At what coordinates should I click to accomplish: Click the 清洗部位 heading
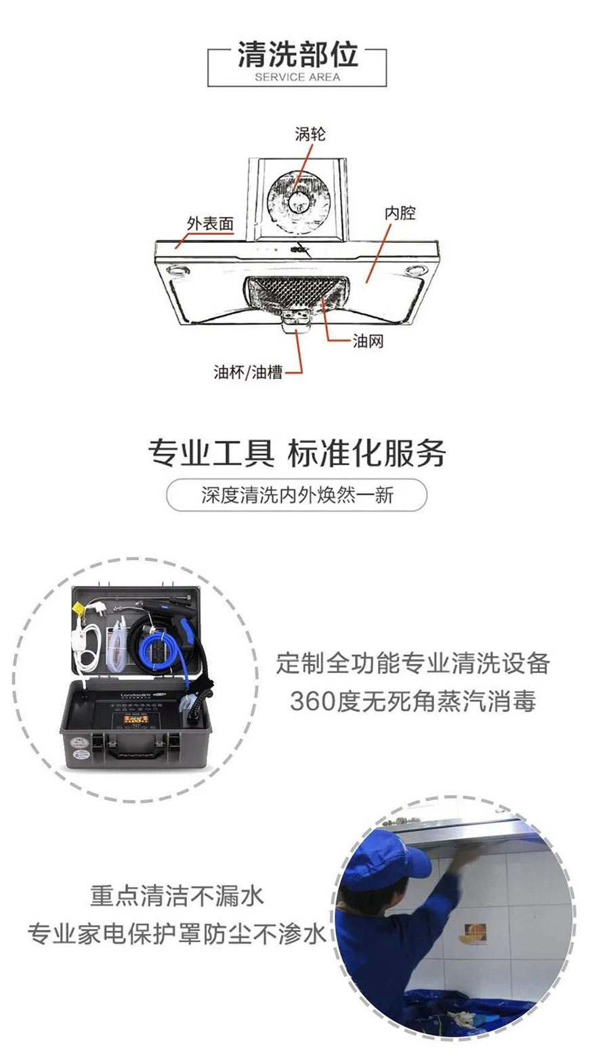click(x=297, y=55)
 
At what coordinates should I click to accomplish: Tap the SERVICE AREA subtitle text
click(x=297, y=77)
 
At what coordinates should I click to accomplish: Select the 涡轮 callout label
click(x=310, y=134)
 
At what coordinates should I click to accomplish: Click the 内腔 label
click(x=400, y=213)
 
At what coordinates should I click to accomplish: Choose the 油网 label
click(x=368, y=341)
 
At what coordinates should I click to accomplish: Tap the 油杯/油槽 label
click(x=248, y=371)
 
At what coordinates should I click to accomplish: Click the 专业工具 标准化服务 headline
click(x=297, y=453)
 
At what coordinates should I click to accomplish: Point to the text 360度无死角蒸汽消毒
click(x=413, y=701)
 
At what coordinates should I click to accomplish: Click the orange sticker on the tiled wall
click(x=473, y=931)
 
